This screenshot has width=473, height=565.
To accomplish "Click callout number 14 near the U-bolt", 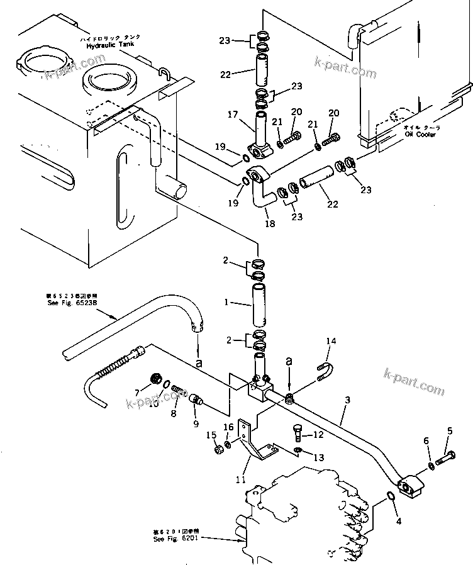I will click(x=331, y=342).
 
